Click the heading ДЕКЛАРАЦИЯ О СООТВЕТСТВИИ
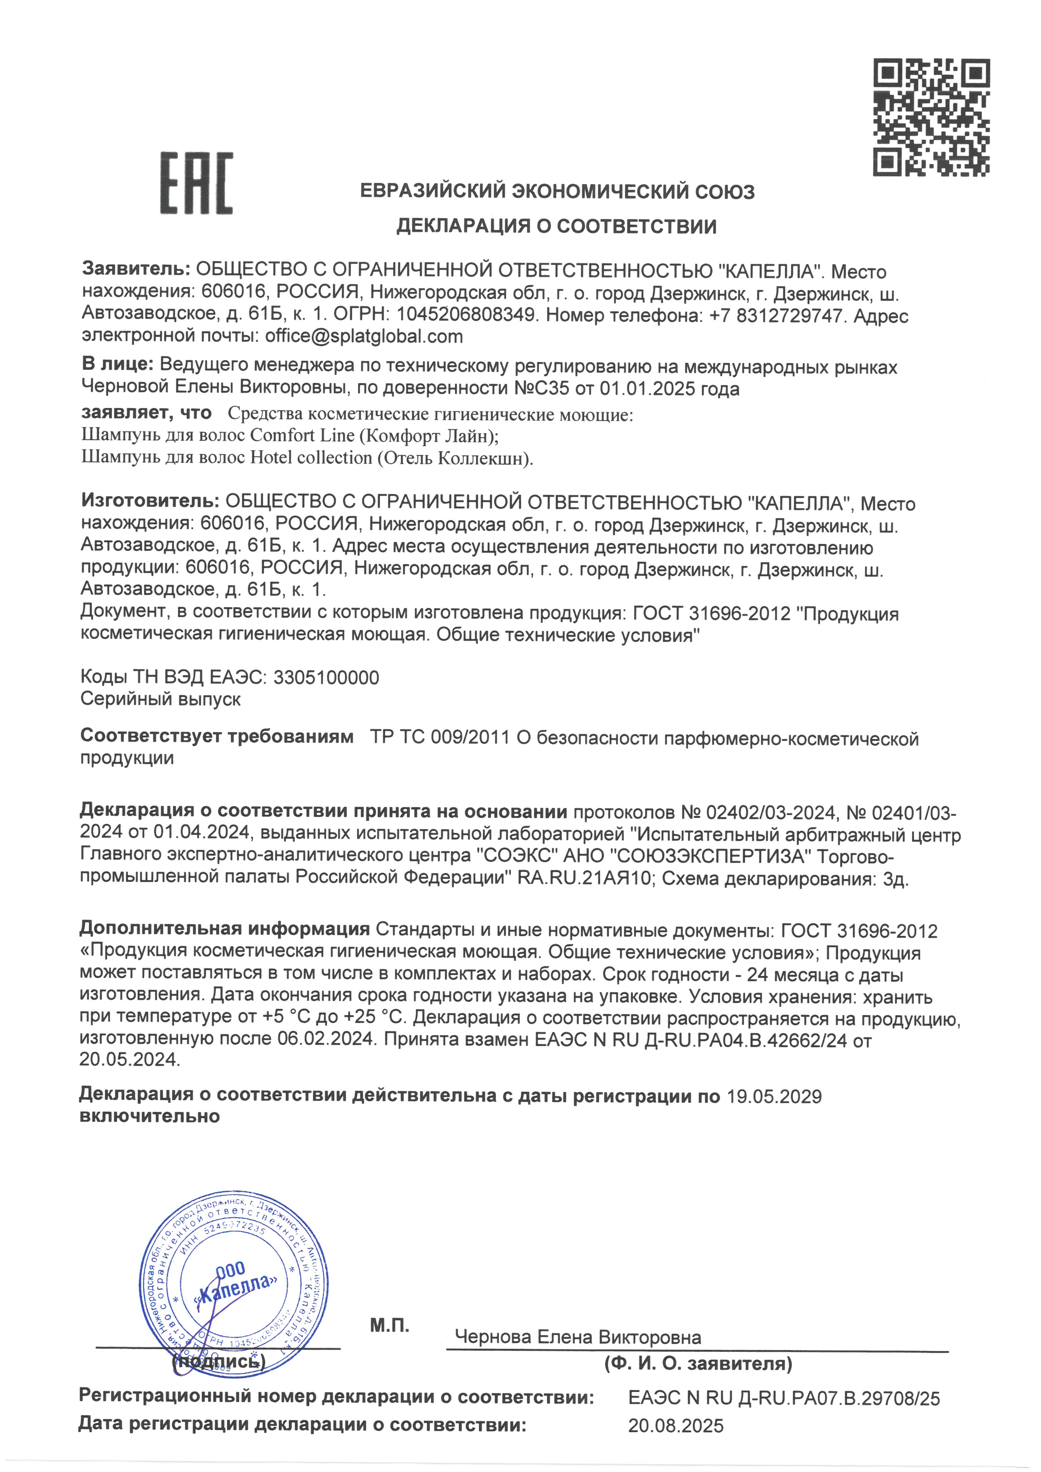coord(556,226)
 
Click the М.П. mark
coord(389,1326)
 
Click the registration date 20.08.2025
coord(676,1426)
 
